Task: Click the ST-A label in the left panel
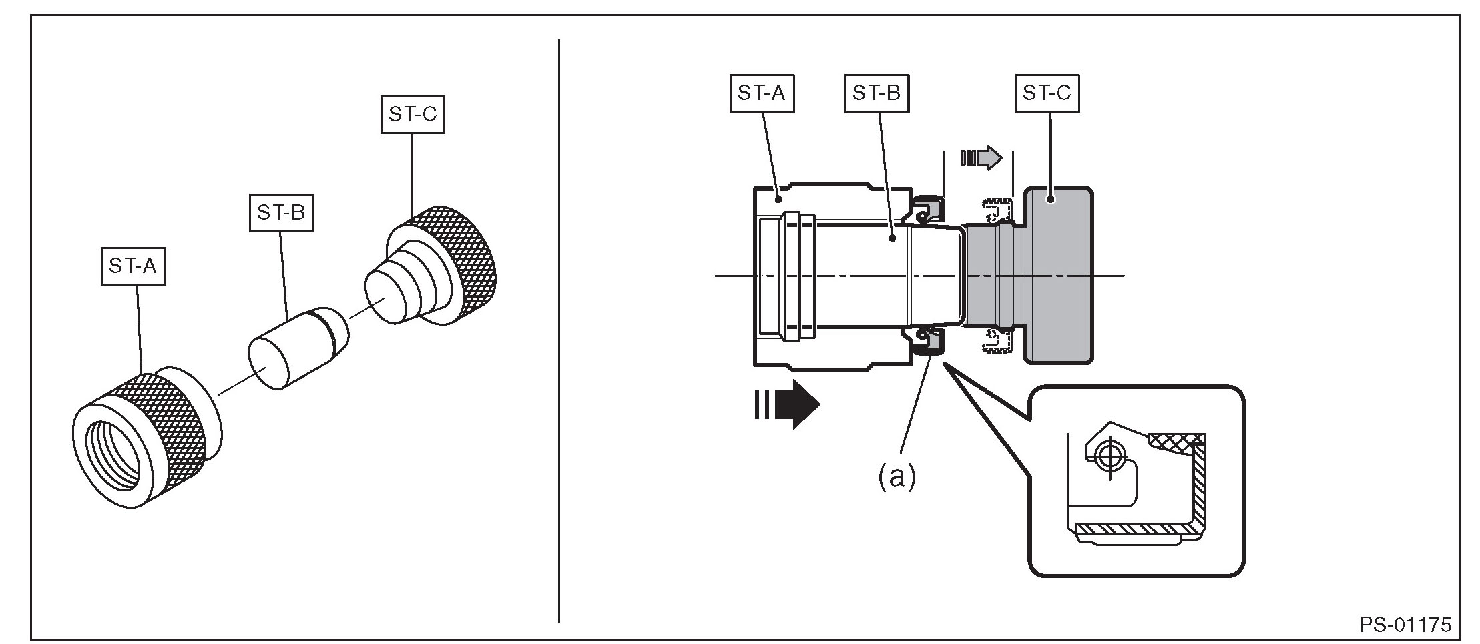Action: pyautogui.click(x=133, y=266)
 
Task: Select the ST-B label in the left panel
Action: pyautogui.click(x=281, y=213)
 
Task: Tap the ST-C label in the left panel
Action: pyautogui.click(x=413, y=115)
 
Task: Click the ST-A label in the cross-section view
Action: pyautogui.click(x=762, y=93)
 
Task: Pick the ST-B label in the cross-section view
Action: pyautogui.click(x=876, y=93)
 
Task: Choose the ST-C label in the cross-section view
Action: pyautogui.click(x=1046, y=93)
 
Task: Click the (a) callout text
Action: pyautogui.click(x=896, y=476)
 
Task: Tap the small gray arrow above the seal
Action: pyautogui.click(x=981, y=157)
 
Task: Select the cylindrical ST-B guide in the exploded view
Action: pyautogui.click(x=298, y=347)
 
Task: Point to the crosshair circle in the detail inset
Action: pyautogui.click(x=1109, y=456)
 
